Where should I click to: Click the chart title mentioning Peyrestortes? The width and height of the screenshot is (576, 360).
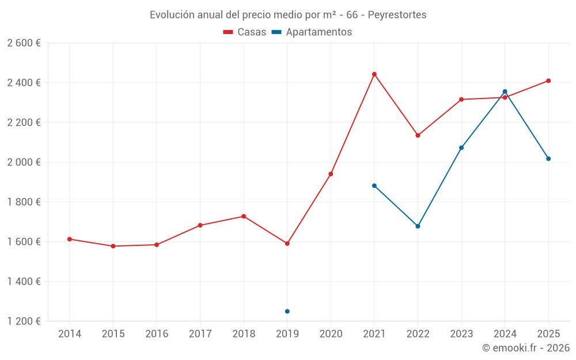[x=288, y=15]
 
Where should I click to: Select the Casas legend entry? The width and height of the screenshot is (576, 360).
[x=245, y=32]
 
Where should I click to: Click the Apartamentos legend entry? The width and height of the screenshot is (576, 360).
[x=312, y=32]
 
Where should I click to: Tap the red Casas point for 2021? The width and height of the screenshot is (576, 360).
[x=374, y=74]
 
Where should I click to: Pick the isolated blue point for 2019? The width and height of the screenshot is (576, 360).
[x=287, y=312]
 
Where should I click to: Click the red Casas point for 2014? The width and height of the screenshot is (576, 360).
[x=70, y=239]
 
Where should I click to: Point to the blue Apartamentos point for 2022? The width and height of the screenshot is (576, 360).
[x=418, y=226]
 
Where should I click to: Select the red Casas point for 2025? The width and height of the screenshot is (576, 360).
[x=548, y=81]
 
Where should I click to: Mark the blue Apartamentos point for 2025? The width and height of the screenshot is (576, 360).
[x=548, y=158]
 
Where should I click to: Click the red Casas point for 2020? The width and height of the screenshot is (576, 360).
[x=331, y=174]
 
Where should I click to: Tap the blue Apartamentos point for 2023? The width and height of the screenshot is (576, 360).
[x=461, y=148]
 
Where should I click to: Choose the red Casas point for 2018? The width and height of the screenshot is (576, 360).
[x=244, y=217]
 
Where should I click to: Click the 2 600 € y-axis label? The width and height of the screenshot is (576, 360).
[x=24, y=43]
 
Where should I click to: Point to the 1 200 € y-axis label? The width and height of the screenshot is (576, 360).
[x=24, y=321]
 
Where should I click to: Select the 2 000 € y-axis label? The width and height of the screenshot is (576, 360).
[x=24, y=162]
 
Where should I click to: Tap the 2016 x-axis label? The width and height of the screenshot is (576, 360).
[x=157, y=334]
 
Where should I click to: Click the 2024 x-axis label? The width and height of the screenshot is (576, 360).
[x=505, y=334]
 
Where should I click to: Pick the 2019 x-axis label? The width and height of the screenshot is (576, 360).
[x=287, y=334]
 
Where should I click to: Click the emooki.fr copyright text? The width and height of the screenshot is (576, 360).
[x=525, y=348]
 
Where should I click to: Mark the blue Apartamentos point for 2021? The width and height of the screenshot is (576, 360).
[x=374, y=185]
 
